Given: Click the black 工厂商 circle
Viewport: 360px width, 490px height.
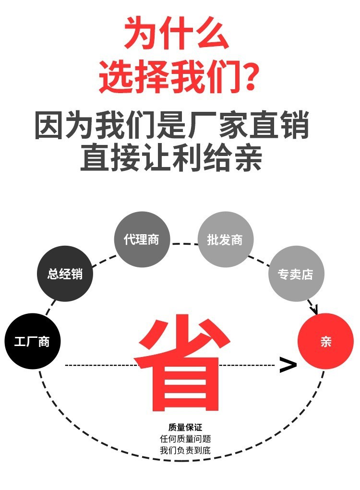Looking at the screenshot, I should pos(32,341).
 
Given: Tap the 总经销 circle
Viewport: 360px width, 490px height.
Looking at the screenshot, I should pos(65,274).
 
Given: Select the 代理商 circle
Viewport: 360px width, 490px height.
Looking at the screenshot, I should pos(142,239).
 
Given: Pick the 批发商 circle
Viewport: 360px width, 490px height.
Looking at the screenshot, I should pos(225,239).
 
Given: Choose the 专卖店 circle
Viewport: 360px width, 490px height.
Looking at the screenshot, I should pos(296,274).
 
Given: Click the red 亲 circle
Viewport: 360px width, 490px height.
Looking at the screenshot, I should pos(325,341).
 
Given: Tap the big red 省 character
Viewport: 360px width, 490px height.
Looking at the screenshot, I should pos(180,362).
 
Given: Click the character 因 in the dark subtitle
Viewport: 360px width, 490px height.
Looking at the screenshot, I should pos(50,125).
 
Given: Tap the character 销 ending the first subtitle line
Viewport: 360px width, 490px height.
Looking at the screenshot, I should pos(294,125).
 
